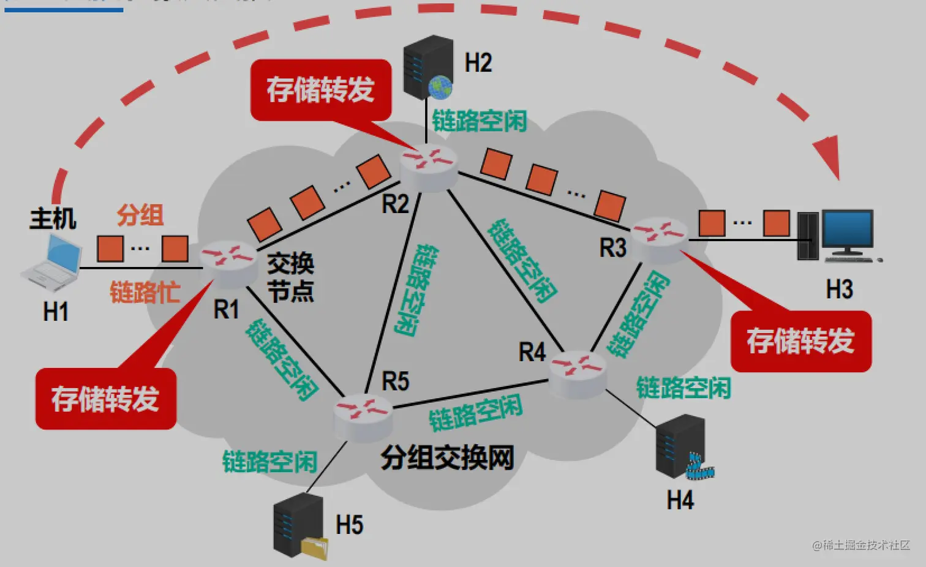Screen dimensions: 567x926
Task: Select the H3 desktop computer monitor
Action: pyautogui.click(x=848, y=233)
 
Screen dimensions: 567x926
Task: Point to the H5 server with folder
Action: pyautogui.click(x=299, y=525)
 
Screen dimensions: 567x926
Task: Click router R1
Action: pyautogui.click(x=228, y=261)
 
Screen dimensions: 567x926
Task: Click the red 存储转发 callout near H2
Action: pyautogui.click(x=320, y=90)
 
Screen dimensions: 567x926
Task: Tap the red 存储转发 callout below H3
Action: pyautogui.click(x=800, y=340)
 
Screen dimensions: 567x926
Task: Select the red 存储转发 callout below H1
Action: pyautogui.click(x=105, y=399)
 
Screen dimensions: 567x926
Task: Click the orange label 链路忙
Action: pyautogui.click(x=145, y=293)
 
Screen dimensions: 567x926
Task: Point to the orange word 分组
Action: pyautogui.click(x=140, y=216)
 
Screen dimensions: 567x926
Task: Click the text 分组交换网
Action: pyautogui.click(x=447, y=457)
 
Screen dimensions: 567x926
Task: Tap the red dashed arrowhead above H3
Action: pyautogui.click(x=828, y=156)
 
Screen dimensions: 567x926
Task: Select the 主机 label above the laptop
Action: pyautogui.click(x=53, y=219)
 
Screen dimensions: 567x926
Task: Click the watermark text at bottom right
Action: pyautogui.click(x=860, y=545)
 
